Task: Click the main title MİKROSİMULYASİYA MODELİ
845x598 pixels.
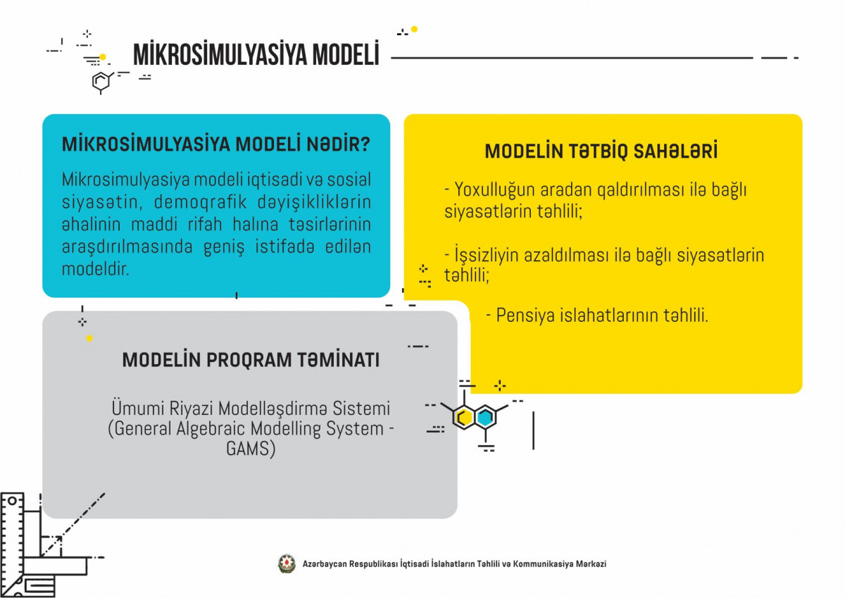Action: coord(256,55)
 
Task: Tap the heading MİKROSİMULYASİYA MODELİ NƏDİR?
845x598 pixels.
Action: coord(216,144)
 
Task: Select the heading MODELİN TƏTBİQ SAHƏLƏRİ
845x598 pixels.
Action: coord(601,151)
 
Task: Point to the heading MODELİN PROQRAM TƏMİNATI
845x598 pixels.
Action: coord(251,360)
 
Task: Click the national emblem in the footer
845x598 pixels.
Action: coord(287,563)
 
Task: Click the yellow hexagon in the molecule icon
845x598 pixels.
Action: coord(464,418)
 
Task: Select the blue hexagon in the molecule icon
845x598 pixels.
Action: coord(485,418)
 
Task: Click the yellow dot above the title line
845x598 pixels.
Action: coord(414,29)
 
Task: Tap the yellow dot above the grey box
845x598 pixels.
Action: coord(89,338)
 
